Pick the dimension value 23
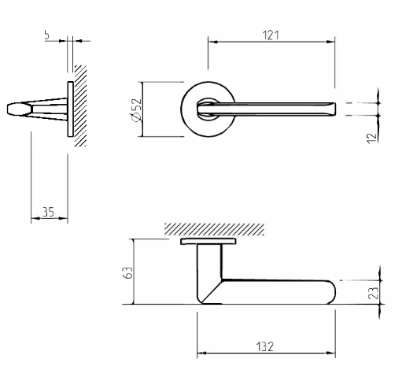coord(375,291)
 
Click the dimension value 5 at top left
coord(47,35)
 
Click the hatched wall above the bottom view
coord(212,229)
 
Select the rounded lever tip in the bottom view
coord(331,291)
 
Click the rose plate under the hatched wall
coord(209,242)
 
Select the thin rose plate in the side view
coord(70,111)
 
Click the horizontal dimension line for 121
coord(271,41)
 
